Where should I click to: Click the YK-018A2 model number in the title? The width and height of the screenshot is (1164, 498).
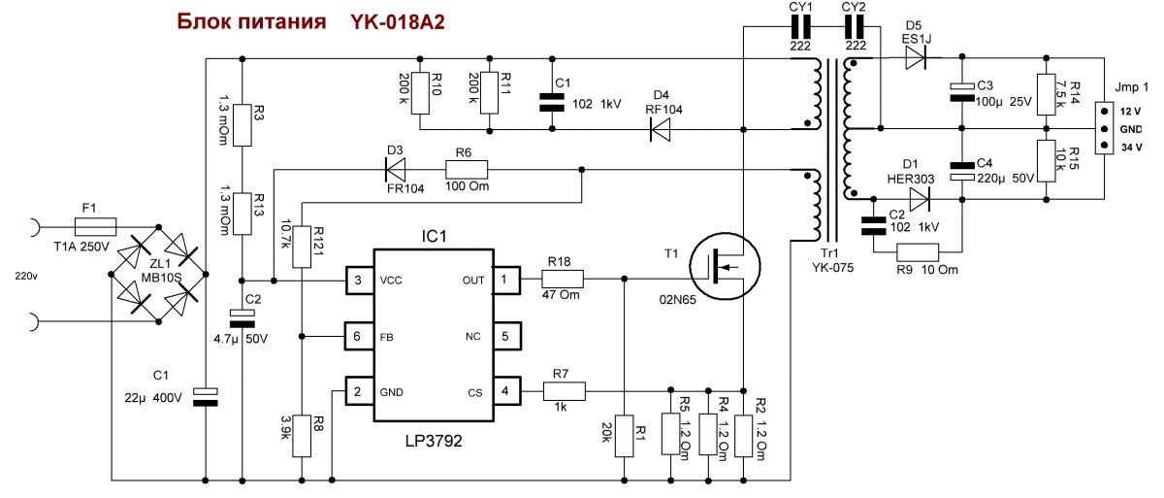click(x=398, y=22)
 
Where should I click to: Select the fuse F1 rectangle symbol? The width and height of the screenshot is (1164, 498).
click(x=96, y=227)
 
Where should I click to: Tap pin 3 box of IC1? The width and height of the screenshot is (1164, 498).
click(x=359, y=281)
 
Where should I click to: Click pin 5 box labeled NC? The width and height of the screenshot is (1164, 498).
click(x=506, y=336)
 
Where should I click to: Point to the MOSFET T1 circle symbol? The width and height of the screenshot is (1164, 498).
click(x=725, y=266)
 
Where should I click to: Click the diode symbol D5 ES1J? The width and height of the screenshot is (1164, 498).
click(x=916, y=57)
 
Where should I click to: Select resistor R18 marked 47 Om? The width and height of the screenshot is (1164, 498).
click(x=563, y=280)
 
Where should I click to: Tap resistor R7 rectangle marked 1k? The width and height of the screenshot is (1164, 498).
click(x=565, y=391)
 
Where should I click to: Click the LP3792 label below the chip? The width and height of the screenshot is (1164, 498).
click(x=434, y=442)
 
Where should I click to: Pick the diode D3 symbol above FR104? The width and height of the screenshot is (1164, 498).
click(x=395, y=170)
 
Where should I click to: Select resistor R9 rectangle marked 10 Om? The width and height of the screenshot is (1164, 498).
click(x=918, y=252)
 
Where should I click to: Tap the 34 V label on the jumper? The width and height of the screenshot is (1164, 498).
click(x=1131, y=148)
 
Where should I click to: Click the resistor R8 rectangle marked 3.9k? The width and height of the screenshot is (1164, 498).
click(x=302, y=436)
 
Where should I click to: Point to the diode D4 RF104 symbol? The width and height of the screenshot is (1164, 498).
click(x=660, y=129)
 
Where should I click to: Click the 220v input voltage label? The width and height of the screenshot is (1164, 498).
click(x=26, y=277)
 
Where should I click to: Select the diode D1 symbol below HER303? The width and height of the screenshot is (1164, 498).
click(x=920, y=199)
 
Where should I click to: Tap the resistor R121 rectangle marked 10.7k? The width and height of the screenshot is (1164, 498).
click(x=302, y=247)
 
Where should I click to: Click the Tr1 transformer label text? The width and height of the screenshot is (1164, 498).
click(x=829, y=253)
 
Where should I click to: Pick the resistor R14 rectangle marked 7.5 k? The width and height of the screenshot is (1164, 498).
click(x=1046, y=94)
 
